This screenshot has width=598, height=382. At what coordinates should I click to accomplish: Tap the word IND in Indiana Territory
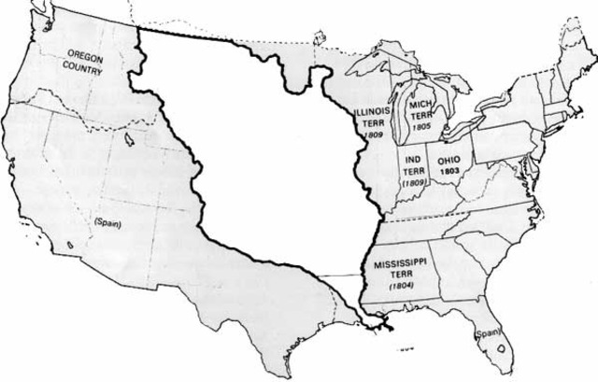tap(412, 160)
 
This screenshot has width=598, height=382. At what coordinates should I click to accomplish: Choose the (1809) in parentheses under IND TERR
tap(412, 183)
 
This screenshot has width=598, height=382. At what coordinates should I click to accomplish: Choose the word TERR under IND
tap(412, 171)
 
